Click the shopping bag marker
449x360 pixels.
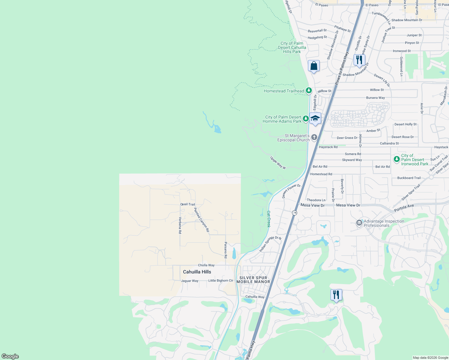(314, 66)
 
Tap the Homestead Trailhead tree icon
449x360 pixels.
(309, 91)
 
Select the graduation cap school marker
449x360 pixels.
(315, 118)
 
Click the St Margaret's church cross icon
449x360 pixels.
(314, 137)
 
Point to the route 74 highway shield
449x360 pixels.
(294, 213)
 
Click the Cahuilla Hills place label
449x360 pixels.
(197, 272)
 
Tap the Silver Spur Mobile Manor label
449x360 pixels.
(253, 280)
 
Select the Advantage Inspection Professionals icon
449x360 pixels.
(359, 223)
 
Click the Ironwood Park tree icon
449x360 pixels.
(397, 159)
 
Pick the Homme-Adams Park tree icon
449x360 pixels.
(306, 119)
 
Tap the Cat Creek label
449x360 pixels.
(269, 219)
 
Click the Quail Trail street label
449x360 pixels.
(188, 204)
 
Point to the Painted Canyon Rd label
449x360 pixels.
(201, 220)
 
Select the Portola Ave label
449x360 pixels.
(404, 208)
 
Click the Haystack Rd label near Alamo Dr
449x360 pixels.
(328, 147)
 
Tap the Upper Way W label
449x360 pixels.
(278, 163)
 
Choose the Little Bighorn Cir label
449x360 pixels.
(221, 281)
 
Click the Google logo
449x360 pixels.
(10, 356)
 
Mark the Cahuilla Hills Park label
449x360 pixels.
(292, 47)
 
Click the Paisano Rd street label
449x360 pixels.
(226, 250)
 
